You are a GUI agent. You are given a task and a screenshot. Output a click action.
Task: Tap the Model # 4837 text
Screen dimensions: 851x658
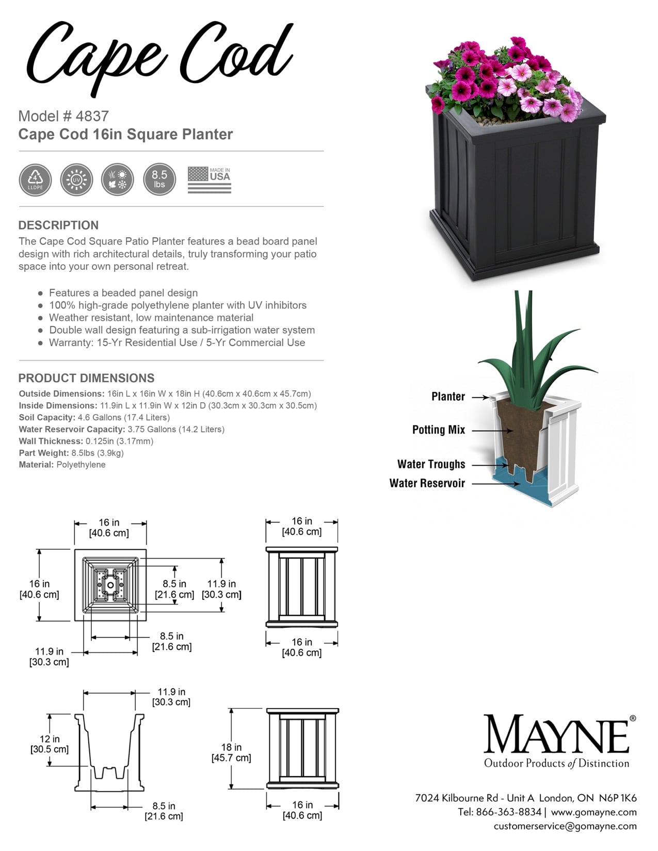(x=63, y=116)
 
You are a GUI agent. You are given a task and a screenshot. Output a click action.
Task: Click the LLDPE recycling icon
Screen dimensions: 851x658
(x=35, y=180)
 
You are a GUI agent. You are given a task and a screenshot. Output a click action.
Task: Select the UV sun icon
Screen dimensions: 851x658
(x=76, y=180)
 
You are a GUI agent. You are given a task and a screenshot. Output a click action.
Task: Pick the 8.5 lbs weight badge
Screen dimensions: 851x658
(x=159, y=179)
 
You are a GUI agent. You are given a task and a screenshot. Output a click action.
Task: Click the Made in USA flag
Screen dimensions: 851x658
(x=209, y=180)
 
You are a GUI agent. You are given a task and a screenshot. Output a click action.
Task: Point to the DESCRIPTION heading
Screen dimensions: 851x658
(x=58, y=225)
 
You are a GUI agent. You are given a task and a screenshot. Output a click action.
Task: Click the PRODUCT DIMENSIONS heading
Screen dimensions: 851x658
(x=86, y=378)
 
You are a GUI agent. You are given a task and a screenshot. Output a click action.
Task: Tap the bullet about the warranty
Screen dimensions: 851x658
(x=176, y=342)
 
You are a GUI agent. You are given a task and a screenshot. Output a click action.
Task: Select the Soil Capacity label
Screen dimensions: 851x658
(x=47, y=417)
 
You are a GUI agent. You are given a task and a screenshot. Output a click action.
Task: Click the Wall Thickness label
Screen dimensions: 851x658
(x=51, y=441)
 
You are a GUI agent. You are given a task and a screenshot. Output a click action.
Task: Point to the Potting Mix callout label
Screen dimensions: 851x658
(x=438, y=430)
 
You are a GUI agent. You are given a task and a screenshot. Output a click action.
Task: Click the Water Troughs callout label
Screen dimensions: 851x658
(x=431, y=464)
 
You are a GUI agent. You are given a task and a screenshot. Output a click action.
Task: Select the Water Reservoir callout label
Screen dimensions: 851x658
(x=427, y=483)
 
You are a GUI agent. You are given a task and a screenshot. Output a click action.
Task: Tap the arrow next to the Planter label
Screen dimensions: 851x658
(x=480, y=397)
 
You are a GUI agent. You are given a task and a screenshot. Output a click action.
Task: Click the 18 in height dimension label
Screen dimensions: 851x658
(x=231, y=752)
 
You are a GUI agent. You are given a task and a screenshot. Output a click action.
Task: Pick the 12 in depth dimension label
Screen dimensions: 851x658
(x=50, y=744)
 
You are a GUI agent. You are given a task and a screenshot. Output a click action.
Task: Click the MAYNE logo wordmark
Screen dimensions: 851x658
(x=556, y=734)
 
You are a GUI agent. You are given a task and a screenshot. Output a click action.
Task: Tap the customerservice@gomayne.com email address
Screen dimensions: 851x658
(x=565, y=826)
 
